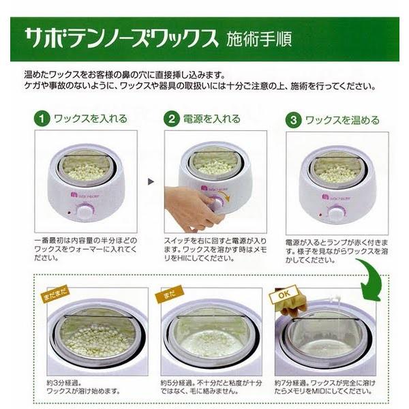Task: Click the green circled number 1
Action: pos(42,119)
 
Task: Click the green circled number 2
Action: pos(172,119)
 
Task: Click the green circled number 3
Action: pos(293,120)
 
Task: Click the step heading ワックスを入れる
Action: pos(91,119)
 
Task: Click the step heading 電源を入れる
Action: pos(212,119)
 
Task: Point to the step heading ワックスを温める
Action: pos(342,120)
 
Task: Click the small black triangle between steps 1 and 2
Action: pos(151,183)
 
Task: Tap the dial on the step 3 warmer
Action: pos(336,213)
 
